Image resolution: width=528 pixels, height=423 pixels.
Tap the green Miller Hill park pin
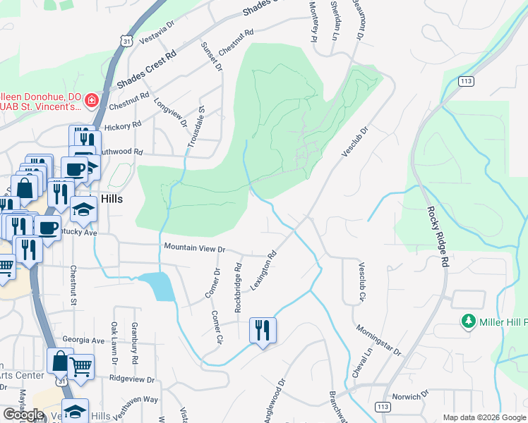click(467, 322)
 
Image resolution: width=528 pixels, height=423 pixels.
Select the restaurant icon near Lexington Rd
click(263, 330)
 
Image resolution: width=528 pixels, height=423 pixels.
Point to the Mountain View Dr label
click(194, 248)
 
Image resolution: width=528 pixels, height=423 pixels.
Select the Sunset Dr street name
click(212, 56)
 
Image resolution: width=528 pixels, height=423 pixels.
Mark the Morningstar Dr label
click(378, 341)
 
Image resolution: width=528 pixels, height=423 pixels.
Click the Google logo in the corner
click(23, 415)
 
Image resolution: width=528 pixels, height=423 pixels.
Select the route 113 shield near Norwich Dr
click(382, 407)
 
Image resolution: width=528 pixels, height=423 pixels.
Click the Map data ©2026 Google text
click(484, 417)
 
